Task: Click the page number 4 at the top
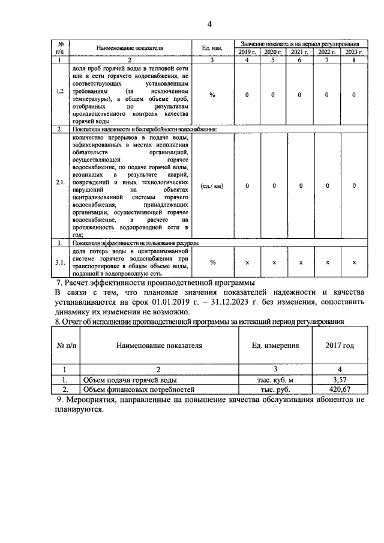pos(209,24)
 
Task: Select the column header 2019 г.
pos(247,53)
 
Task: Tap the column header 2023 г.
pos(354,53)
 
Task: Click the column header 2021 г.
pos(300,53)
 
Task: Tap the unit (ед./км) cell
pos(212,186)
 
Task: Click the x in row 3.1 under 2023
pos(354,262)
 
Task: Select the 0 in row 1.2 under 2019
pos(247,95)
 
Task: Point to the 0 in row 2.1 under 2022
pos(328,186)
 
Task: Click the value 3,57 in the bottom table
pos(340,380)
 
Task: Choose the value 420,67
pos(340,389)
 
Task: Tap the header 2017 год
pos(340,346)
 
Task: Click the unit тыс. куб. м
pos(274,380)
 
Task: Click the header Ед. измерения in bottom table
pos(274,346)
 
